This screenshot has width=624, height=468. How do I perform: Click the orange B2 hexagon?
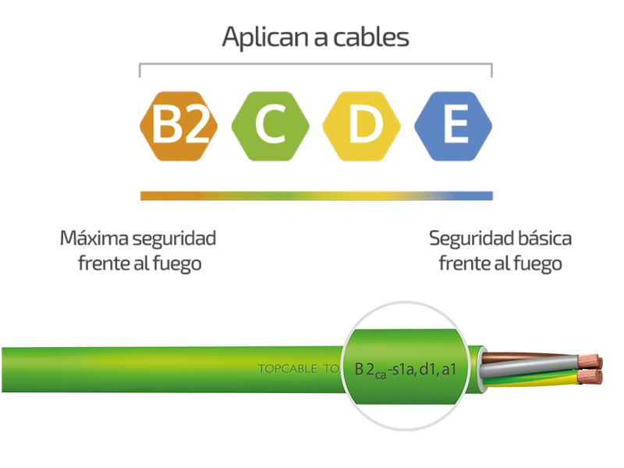[179, 126]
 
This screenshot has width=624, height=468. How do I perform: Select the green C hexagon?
[270, 126]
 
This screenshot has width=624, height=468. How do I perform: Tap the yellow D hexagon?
[362, 126]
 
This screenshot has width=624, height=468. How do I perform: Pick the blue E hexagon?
[453, 126]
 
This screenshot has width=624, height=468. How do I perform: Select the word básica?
[544, 238]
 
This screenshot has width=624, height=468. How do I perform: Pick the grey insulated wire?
[530, 365]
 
